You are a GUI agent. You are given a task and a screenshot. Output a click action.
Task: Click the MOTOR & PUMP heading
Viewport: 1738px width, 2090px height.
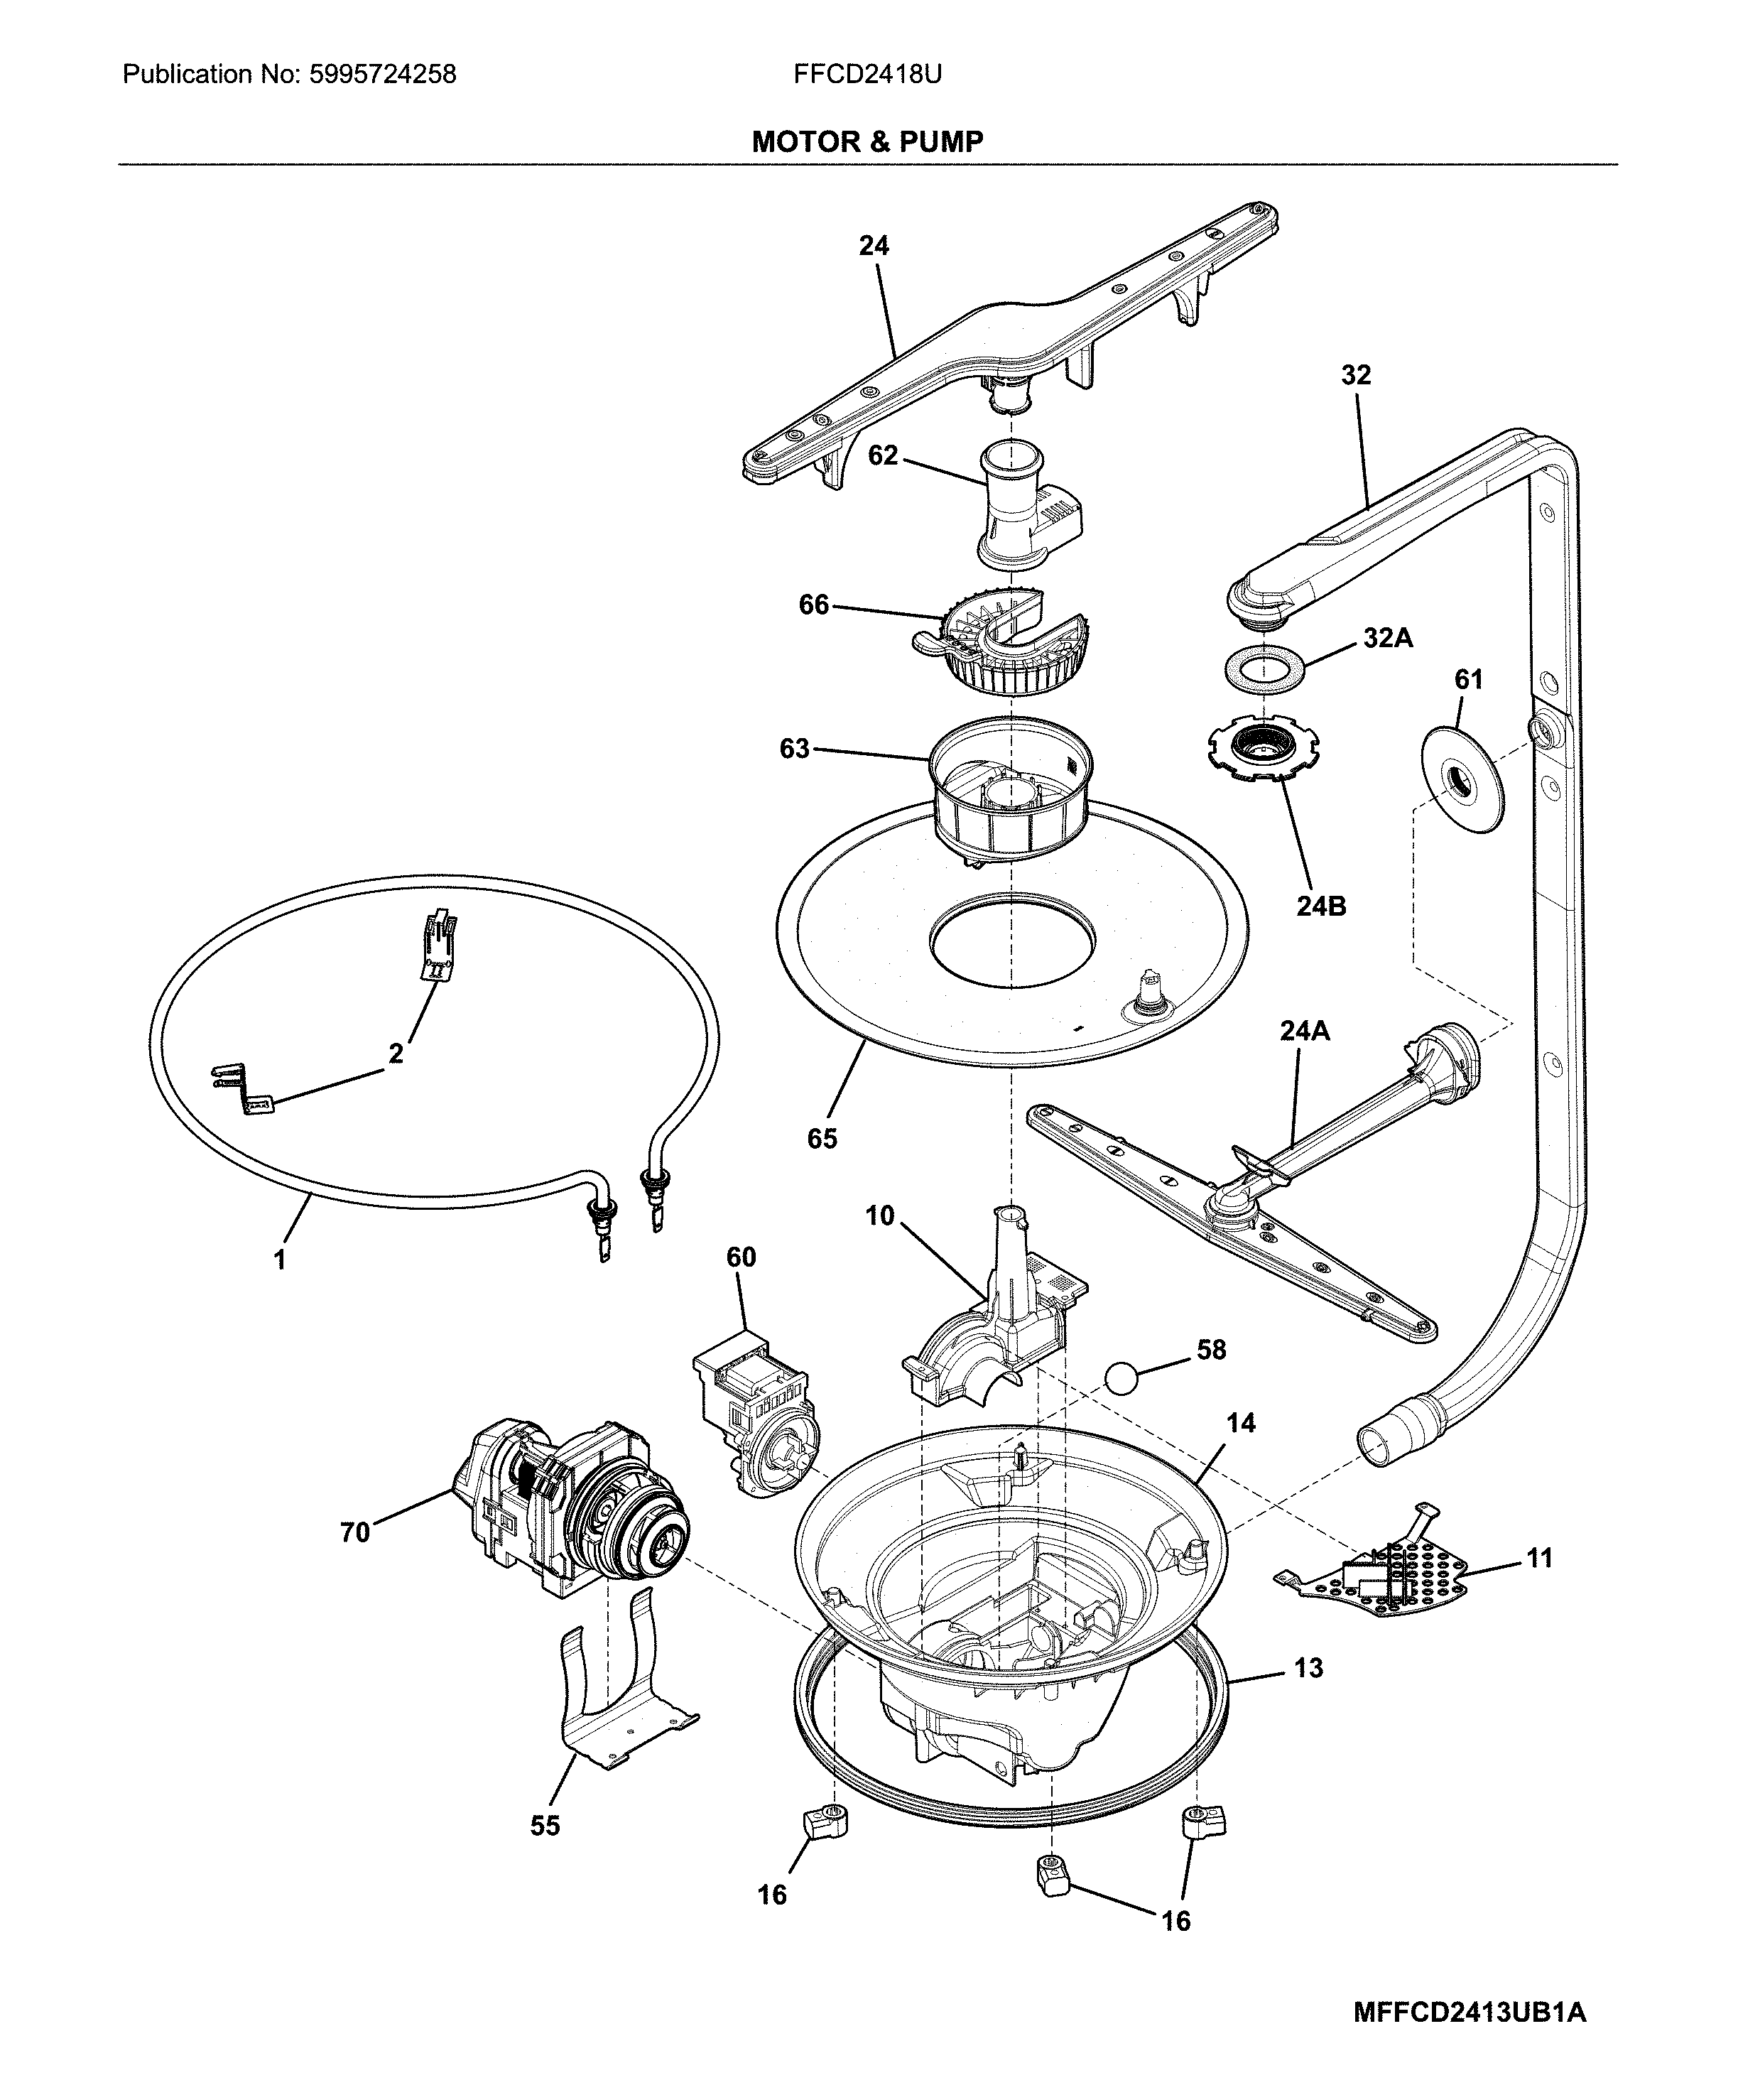coord(867,141)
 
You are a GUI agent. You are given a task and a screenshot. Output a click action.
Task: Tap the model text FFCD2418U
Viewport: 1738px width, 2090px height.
coord(867,74)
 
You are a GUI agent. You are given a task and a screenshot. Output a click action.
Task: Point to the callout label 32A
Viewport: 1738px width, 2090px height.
coord(1387,638)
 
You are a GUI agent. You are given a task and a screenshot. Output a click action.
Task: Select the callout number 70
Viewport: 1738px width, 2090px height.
coord(355,1532)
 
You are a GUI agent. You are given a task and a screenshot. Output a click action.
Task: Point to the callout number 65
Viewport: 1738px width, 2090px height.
coord(822,1137)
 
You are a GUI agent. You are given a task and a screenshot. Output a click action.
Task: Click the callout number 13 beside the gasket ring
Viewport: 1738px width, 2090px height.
coord(1309,1667)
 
